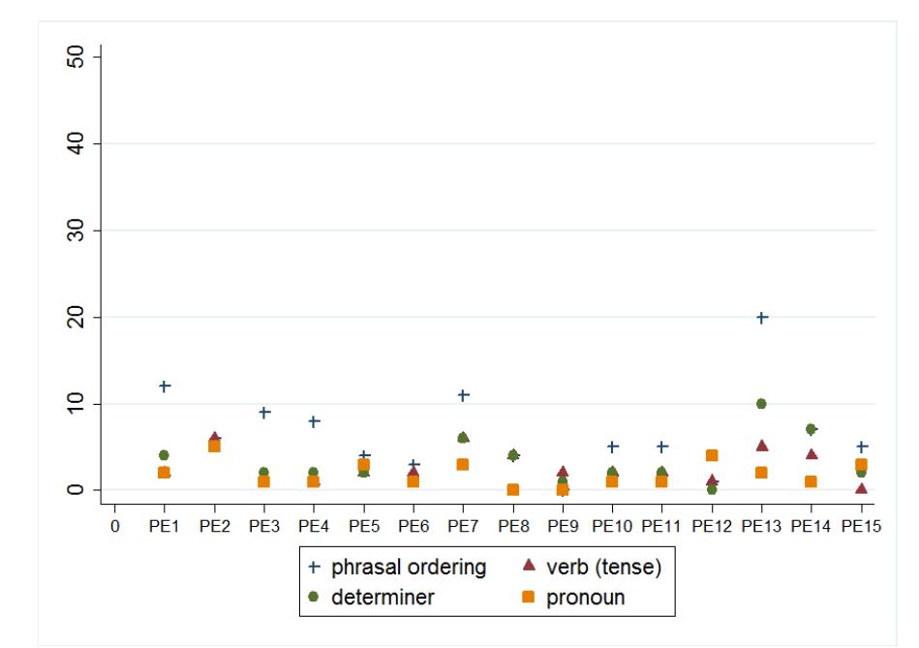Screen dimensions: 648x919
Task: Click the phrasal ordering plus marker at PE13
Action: pyautogui.click(x=762, y=318)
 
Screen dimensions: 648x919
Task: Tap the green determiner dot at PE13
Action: pyautogui.click(x=762, y=404)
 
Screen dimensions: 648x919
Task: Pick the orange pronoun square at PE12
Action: pyautogui.click(x=712, y=455)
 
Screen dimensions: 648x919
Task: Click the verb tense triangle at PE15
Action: pyautogui.click(x=861, y=488)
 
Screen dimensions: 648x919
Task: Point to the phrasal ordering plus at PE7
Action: pyautogui.click(x=463, y=395)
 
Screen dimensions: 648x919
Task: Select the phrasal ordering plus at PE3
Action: pyautogui.click(x=263, y=413)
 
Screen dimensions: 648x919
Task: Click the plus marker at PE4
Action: pyautogui.click(x=314, y=421)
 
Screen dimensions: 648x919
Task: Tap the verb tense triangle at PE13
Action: pyautogui.click(x=762, y=446)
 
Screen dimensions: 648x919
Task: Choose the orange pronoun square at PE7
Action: pyautogui.click(x=463, y=465)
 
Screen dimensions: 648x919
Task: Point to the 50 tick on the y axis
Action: pyautogui.click(x=79, y=57)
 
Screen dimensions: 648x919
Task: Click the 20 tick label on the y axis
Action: pyautogui.click(x=79, y=318)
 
